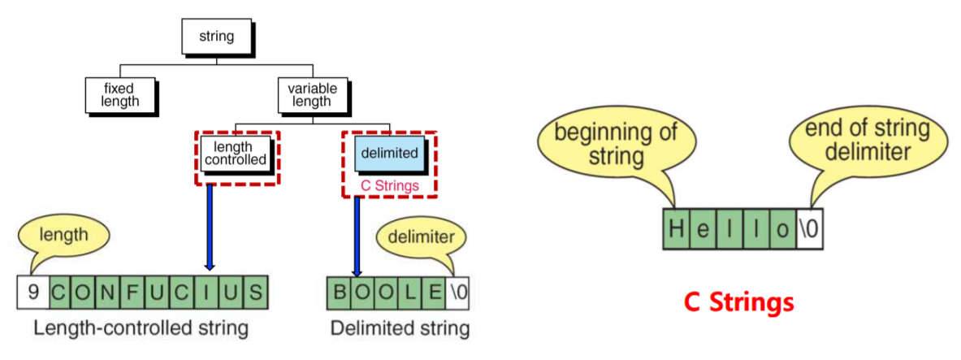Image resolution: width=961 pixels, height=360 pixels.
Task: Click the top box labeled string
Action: pos(216,37)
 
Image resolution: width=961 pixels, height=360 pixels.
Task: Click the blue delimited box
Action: pos(390,153)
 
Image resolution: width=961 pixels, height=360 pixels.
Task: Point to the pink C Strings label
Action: pos(390,186)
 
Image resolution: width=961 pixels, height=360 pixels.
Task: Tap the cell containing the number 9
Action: pos(33,291)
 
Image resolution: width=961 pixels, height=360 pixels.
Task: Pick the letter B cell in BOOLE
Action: pos(341,291)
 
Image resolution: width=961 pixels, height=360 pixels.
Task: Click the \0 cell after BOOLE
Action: pos(457,291)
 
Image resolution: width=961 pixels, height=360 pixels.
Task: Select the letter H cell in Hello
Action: pos(677,228)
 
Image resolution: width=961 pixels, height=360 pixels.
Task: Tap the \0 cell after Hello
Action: pos(810,228)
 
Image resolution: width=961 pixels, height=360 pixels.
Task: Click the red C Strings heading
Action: pos(738,302)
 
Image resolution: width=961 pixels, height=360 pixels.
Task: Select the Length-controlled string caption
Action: pos(141,328)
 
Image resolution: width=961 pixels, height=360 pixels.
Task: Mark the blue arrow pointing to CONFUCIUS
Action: pos(210,226)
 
